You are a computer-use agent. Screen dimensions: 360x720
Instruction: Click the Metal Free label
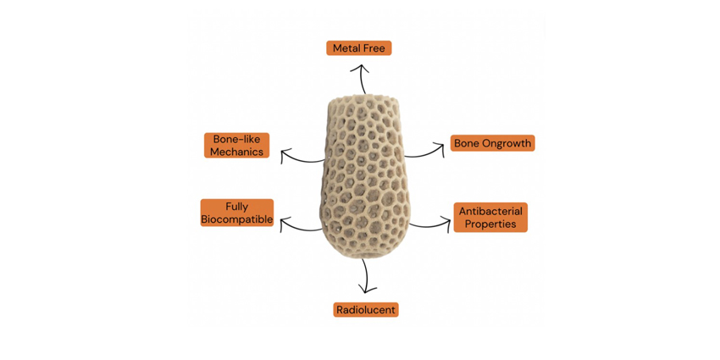(x=358, y=48)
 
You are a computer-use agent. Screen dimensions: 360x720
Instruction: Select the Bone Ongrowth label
(x=492, y=143)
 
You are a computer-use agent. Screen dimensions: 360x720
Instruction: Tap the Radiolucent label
(x=365, y=310)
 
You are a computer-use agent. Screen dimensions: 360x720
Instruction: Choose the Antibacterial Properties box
(x=490, y=218)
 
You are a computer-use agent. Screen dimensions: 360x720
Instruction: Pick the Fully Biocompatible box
(x=237, y=213)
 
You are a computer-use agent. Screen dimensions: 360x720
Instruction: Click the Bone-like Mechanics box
(x=237, y=145)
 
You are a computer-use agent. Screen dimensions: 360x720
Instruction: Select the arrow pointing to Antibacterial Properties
(x=431, y=224)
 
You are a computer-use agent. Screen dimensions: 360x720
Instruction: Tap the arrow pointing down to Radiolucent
(x=366, y=276)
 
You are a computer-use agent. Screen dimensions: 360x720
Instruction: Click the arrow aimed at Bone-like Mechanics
(x=301, y=157)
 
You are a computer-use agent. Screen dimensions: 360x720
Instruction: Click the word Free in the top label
(x=374, y=48)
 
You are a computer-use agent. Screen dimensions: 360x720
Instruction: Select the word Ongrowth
(x=507, y=143)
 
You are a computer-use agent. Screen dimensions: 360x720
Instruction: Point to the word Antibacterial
(x=490, y=211)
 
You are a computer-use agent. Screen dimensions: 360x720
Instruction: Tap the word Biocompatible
(x=237, y=219)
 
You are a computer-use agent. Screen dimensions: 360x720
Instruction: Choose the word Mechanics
(x=237, y=152)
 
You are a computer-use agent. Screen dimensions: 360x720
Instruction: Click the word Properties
(x=490, y=224)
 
